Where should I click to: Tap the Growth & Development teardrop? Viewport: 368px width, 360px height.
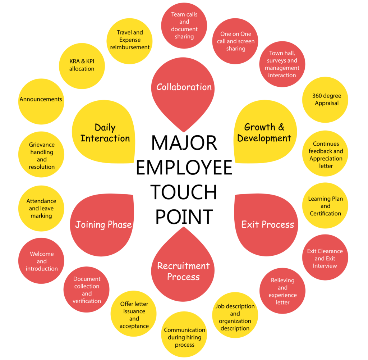point(264,132)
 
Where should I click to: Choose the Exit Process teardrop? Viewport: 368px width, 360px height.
point(267,225)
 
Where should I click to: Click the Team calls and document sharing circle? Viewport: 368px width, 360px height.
point(184,26)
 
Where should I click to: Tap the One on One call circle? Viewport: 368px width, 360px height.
point(235,41)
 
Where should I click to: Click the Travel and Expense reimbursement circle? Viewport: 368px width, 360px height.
point(130,40)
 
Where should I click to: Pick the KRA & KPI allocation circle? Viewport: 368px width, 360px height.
point(82,65)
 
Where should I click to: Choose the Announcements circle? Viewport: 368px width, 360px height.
point(41,100)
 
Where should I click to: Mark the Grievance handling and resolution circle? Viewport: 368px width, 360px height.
point(41,156)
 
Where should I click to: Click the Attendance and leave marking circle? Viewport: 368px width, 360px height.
point(41,209)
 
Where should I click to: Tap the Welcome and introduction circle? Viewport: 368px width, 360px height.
point(41,261)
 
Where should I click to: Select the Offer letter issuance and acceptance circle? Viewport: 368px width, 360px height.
point(134,315)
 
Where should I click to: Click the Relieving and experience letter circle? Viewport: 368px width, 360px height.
point(282,291)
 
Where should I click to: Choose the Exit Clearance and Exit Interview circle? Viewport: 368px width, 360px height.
point(325,258)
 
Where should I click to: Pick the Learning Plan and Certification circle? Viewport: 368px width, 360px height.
point(325,206)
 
